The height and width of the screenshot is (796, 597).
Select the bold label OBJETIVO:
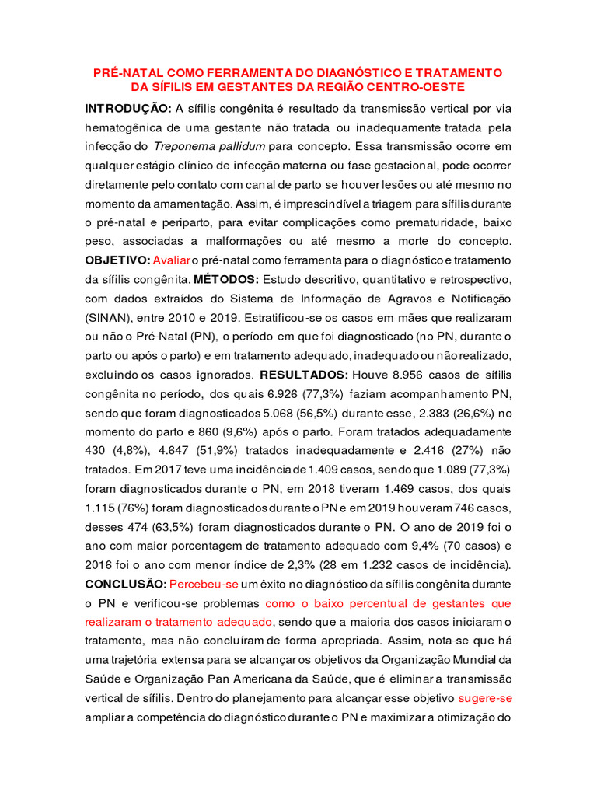coord(117,259)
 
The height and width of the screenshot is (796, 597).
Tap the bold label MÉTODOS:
coord(227,278)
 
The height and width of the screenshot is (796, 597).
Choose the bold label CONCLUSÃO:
coord(125,583)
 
